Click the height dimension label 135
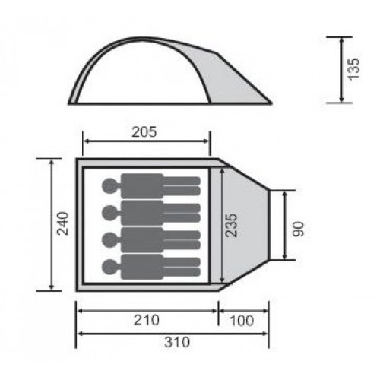(x=353, y=69)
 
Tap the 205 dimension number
(x=144, y=132)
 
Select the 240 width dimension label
(x=62, y=223)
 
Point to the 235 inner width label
(x=231, y=225)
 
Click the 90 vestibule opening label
(x=298, y=229)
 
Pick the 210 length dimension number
(x=147, y=320)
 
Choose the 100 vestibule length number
(x=242, y=321)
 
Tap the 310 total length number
(x=177, y=342)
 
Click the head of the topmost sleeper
(x=110, y=186)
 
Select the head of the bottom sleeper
(x=110, y=267)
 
